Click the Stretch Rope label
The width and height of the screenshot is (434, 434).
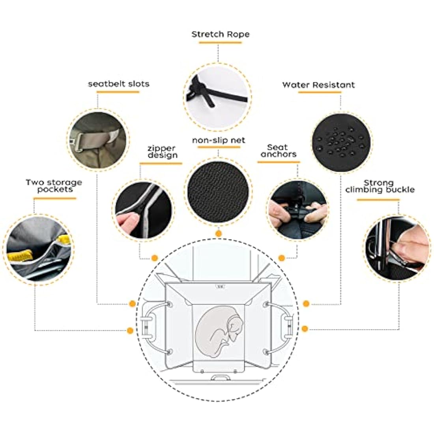220,34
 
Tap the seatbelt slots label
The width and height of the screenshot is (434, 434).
118,84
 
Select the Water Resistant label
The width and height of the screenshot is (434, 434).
318,85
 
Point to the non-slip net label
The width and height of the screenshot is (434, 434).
219,140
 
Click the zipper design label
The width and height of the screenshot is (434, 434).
163,152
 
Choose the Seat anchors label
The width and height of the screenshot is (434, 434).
279,151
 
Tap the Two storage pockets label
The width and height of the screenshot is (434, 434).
54,186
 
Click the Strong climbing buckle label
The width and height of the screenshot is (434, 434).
380,186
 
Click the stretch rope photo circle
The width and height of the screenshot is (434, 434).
217,97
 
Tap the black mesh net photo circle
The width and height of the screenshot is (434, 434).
218,191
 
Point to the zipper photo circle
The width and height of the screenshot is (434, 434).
143,210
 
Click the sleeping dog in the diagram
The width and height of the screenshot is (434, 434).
219,331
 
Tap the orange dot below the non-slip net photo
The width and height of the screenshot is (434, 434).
219,234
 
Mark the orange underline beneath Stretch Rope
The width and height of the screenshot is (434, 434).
220,43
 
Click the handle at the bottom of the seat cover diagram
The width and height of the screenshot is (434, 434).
221,377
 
